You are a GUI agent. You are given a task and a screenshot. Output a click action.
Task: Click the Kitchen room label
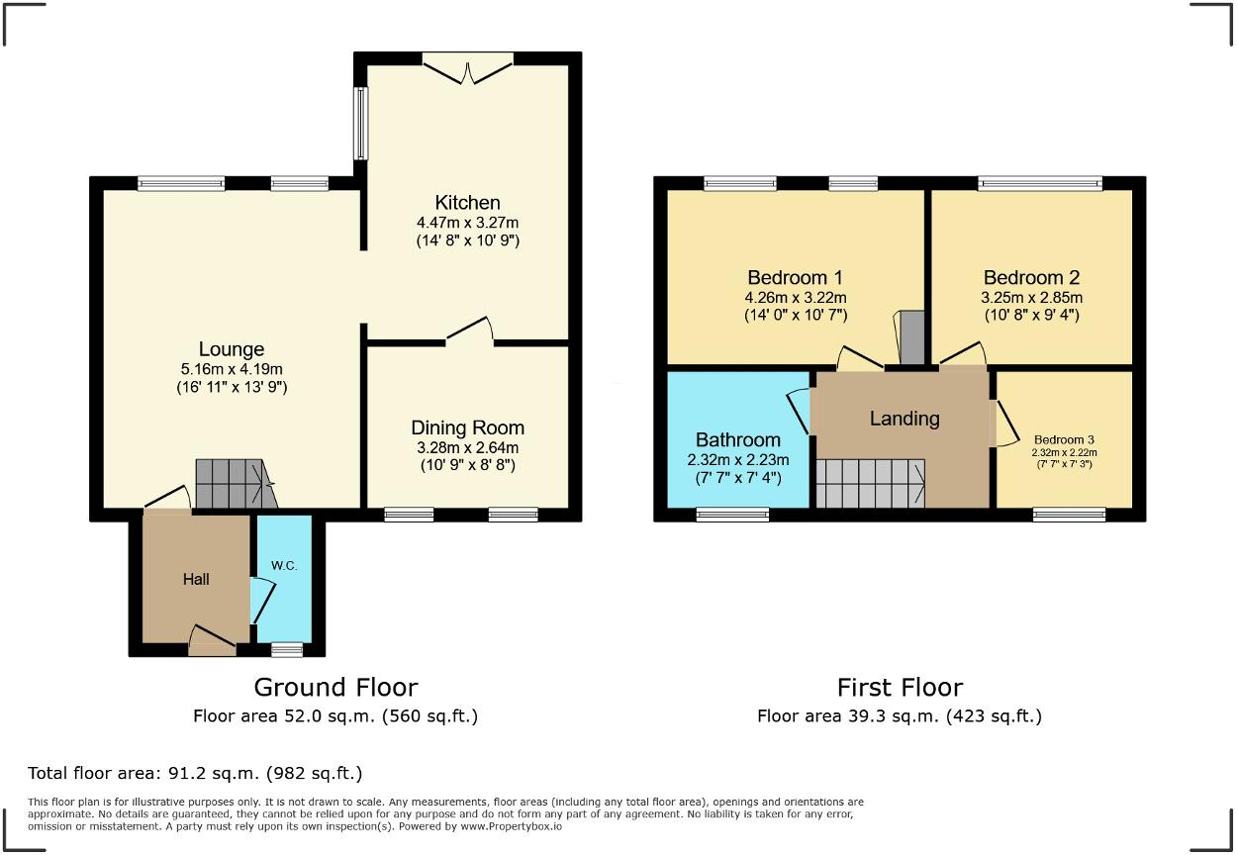467,203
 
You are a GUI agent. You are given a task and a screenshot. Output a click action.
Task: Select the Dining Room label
467,427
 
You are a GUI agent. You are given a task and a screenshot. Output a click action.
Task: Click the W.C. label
284,567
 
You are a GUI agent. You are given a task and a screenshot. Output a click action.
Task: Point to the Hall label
196,579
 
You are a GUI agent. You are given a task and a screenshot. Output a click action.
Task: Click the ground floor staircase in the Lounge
233,484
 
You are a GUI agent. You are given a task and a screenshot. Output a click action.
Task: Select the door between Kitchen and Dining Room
469,332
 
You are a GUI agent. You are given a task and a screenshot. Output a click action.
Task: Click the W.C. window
287,649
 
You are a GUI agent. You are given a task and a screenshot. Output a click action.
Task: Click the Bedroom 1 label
795,277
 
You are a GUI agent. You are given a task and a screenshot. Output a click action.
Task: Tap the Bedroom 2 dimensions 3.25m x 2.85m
1031,298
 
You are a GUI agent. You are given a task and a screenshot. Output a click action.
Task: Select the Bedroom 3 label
1064,439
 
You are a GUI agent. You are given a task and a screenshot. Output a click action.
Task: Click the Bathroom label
737,439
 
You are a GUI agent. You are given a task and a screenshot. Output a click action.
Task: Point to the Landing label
904,419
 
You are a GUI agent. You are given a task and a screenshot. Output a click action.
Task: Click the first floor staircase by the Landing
870,484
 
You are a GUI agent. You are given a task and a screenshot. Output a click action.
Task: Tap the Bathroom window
732,514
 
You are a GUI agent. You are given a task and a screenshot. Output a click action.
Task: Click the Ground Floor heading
335,687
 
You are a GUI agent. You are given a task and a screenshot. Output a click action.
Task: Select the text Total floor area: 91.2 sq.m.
195,773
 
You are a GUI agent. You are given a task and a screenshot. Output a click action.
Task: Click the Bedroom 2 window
1040,183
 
